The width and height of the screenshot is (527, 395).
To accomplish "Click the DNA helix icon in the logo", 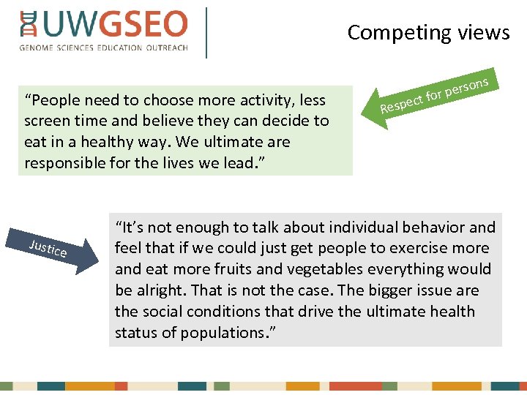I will click(29, 25).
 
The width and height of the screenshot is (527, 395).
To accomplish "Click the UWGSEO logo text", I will click(113, 25).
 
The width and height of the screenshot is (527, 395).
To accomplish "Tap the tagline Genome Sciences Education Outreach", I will click(104, 48).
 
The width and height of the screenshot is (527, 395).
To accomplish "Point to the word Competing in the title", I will click(389, 33).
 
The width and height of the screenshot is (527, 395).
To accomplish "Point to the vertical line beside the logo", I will click(207, 32).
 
